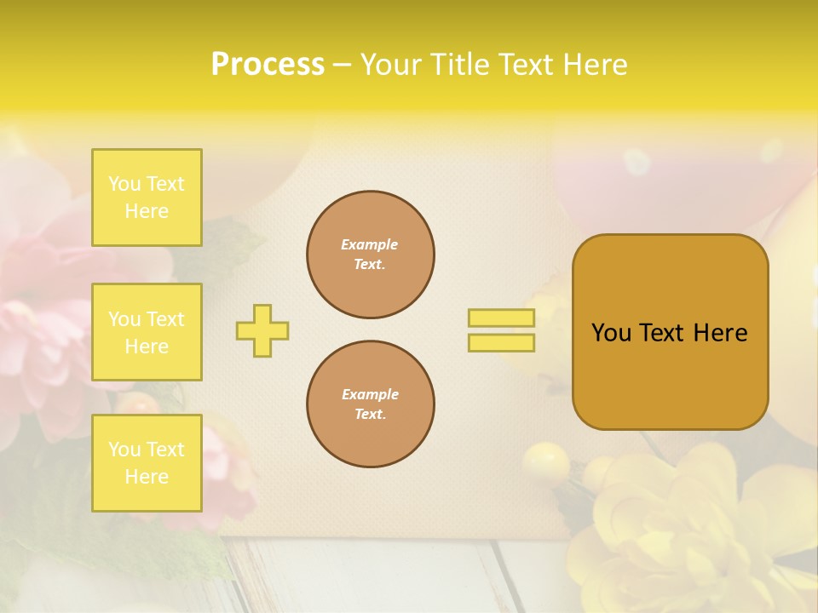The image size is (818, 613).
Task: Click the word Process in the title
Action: coord(268,64)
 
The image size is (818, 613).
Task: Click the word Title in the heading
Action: coord(458,64)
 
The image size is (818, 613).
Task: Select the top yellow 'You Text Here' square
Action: coord(147,198)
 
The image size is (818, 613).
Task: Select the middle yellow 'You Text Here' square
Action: coord(147,332)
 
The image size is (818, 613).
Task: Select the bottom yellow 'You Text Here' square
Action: coord(147,463)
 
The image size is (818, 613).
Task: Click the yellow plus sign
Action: coord(262,330)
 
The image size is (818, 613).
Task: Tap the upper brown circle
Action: coord(371,255)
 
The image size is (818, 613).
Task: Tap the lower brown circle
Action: coord(371,404)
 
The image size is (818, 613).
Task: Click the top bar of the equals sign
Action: coord(502,318)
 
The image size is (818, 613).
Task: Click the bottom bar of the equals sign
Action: coord(502,343)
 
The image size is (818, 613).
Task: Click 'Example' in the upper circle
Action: coord(370,245)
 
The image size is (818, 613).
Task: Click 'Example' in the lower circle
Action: coord(370,395)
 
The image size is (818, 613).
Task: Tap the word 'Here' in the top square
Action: coord(147,211)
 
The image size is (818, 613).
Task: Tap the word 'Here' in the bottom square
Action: coord(147,477)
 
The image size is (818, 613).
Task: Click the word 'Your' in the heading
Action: coord(393,64)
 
